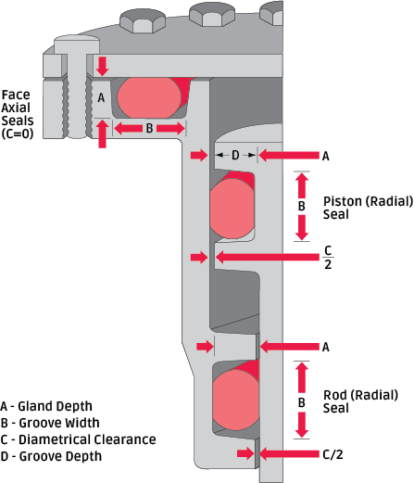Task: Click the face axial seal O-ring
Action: (x=149, y=97)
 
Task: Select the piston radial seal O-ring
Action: (x=232, y=209)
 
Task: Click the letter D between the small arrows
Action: (x=235, y=155)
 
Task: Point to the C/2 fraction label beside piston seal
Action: (x=328, y=257)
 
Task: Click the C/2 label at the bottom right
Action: (x=332, y=454)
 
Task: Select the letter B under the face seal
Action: (x=149, y=128)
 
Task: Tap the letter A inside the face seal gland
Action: (x=101, y=98)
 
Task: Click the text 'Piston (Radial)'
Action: (x=368, y=201)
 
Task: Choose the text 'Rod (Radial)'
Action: (x=360, y=395)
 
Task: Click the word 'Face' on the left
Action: (x=16, y=95)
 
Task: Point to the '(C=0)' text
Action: (x=18, y=134)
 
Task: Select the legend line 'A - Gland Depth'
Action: (x=46, y=406)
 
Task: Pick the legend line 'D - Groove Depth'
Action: (x=51, y=456)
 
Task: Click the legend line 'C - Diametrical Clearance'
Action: (x=79, y=439)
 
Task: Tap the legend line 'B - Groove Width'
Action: (x=50, y=423)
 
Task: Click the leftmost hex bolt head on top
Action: (x=143, y=21)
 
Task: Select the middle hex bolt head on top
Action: (x=212, y=16)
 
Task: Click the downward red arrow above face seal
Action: (x=102, y=66)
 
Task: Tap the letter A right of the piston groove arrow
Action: (x=326, y=157)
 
